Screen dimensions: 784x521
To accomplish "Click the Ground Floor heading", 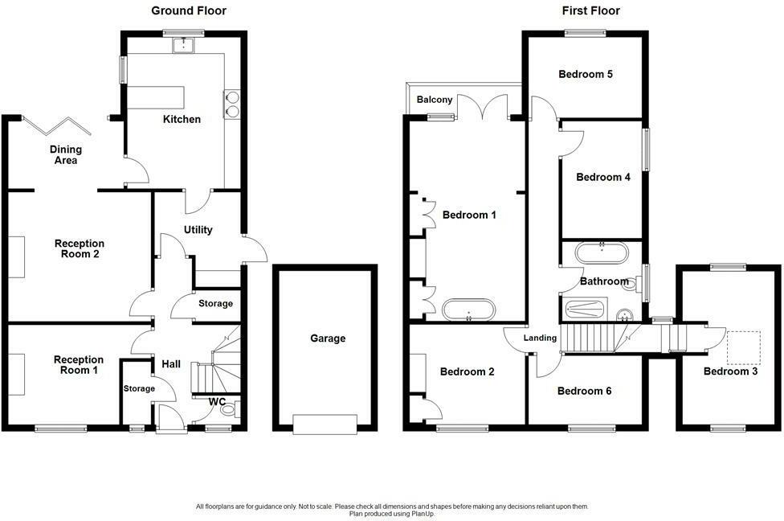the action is click(x=189, y=10).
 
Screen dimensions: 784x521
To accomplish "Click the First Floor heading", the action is click(x=590, y=10).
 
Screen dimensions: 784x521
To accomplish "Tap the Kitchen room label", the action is click(x=182, y=119).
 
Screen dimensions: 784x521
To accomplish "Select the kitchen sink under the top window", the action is click(x=184, y=45).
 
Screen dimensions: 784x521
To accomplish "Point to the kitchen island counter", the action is click(x=156, y=97).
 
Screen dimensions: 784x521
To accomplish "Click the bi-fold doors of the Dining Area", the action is click(x=57, y=126).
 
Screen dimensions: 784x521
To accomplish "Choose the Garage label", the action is click(x=328, y=338).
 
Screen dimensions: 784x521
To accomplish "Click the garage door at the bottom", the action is click(x=325, y=425).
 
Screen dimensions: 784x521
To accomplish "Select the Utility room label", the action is click(x=198, y=230).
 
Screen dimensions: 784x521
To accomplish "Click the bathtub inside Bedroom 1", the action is click(x=468, y=310).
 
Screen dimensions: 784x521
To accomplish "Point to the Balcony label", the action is click(x=435, y=100).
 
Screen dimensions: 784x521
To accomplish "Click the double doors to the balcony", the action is click(x=483, y=108).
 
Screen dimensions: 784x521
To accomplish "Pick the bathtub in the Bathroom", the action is click(x=601, y=253).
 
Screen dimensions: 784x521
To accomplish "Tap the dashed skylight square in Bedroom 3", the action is click(x=743, y=347).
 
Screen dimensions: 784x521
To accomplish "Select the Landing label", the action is click(x=540, y=338).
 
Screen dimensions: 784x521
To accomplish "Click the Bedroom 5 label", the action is click(x=586, y=74).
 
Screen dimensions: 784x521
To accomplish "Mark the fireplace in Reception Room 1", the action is click(x=17, y=375).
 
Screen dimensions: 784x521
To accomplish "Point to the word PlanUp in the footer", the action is click(x=423, y=514).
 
